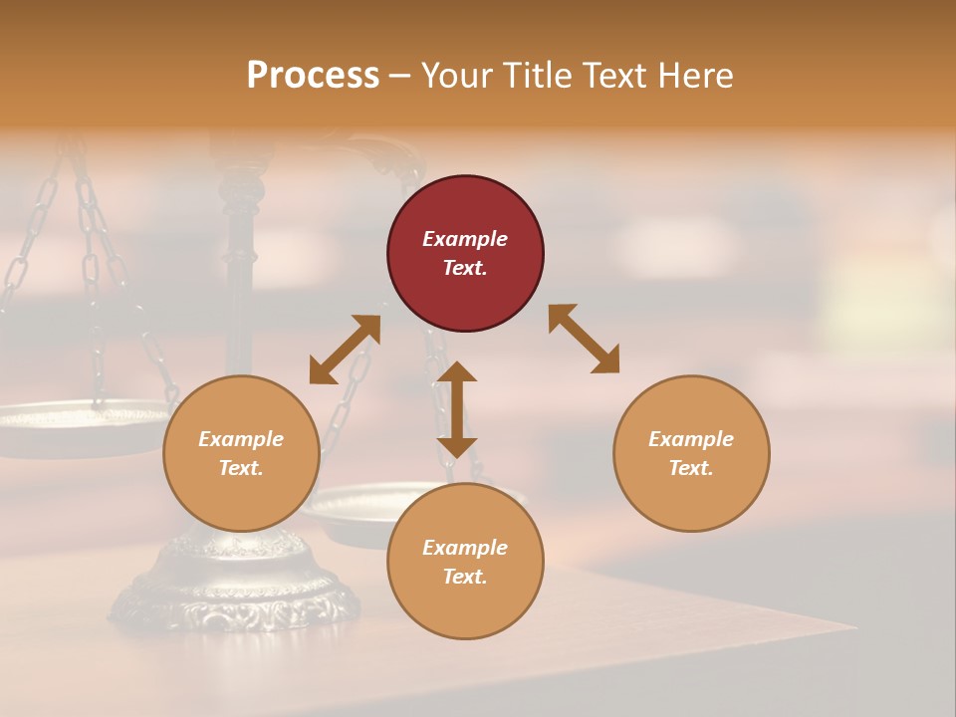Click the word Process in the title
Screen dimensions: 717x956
313,76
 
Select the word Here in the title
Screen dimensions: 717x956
697,76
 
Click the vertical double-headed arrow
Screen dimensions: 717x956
457,410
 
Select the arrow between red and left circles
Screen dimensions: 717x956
345,350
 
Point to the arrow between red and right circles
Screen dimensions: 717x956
585,339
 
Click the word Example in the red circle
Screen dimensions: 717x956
465,239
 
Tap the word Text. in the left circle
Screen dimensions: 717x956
241,468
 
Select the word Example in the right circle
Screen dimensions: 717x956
691,439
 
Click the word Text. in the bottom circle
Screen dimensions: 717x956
465,577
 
